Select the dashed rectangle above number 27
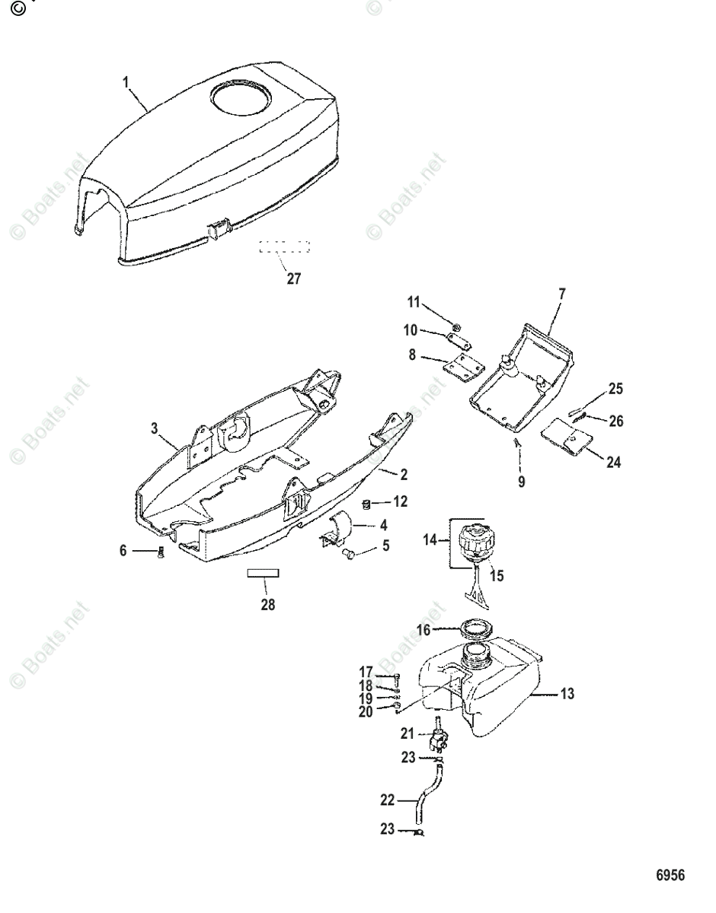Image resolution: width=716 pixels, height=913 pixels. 284,247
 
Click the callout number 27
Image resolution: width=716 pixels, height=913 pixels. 293,278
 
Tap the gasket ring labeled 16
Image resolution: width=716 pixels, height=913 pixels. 478,630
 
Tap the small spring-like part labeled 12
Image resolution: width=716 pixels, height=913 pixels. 366,504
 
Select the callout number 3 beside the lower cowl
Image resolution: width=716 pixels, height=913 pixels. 155,429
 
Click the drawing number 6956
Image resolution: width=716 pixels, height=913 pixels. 670,876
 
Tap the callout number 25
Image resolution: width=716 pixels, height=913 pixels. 615,389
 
